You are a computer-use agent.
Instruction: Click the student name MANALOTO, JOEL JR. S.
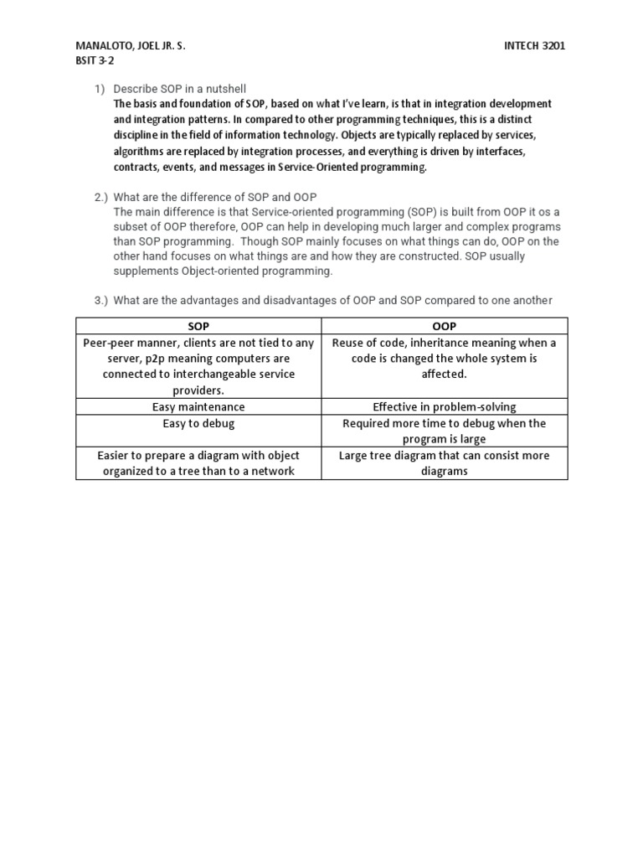point(130,46)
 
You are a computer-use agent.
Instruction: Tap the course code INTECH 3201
point(531,46)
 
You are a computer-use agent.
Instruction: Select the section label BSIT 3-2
point(96,61)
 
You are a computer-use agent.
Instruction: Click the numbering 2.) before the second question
point(101,197)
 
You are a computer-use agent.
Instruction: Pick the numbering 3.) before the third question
point(101,300)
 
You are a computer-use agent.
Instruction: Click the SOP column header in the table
point(198,326)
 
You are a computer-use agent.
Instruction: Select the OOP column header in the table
point(445,326)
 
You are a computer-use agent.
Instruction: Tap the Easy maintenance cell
point(198,406)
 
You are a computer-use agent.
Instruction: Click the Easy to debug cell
point(198,423)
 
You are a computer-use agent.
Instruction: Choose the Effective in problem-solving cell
point(445,406)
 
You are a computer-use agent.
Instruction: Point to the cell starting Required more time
point(445,431)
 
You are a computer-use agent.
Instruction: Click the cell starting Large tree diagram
point(445,463)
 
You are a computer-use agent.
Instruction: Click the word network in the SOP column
point(276,471)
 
